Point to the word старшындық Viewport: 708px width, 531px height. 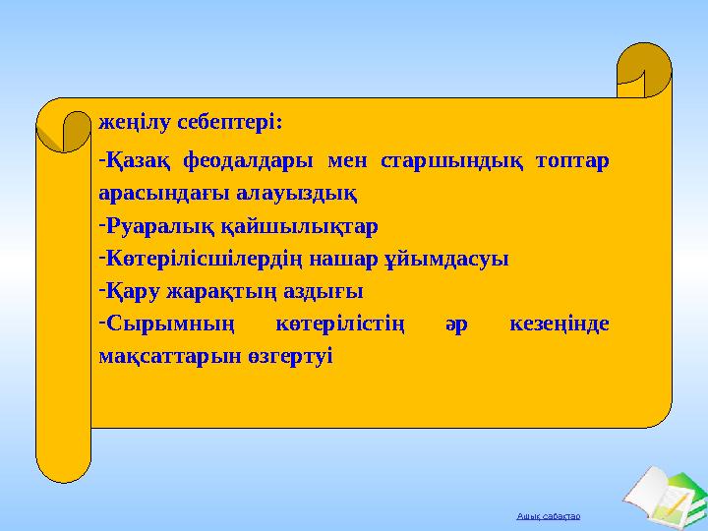(449, 159)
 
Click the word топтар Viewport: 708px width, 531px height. (573, 159)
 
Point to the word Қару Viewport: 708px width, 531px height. (134, 292)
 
